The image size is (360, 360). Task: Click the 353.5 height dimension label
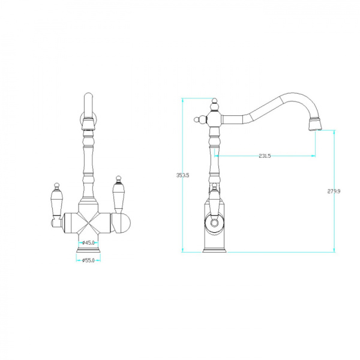[183, 175]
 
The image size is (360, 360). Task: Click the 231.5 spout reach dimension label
[265, 155]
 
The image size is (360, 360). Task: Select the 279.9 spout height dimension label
[334, 191]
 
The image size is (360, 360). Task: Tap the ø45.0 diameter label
[88, 242]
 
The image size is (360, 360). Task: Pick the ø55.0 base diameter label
[88, 260]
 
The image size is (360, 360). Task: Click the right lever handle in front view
[118, 195]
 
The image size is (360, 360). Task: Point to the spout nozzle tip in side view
[316, 124]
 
